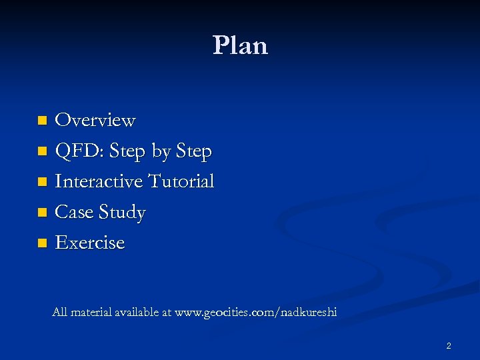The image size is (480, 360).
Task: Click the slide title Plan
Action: pyautogui.click(x=240, y=45)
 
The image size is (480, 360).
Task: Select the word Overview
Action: pyautogui.click(x=95, y=121)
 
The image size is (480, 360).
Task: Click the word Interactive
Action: pyautogui.click(x=99, y=181)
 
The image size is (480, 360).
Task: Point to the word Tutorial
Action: pyautogui.click(x=181, y=181)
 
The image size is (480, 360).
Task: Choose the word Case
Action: pyautogui.click(x=74, y=212)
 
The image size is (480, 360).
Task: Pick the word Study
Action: pyautogui.click(x=121, y=213)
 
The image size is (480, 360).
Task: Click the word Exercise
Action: pyautogui.click(x=90, y=243)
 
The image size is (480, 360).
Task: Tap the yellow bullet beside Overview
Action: pyautogui.click(x=42, y=121)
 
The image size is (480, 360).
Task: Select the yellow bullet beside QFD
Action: pyautogui.click(x=42, y=152)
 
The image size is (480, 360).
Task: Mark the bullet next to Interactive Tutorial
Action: pyautogui.click(x=42, y=182)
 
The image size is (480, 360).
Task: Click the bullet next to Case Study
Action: pyautogui.click(x=42, y=213)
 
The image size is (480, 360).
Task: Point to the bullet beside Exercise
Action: pyautogui.click(x=42, y=243)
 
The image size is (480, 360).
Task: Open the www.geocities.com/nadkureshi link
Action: pyautogui.click(x=255, y=312)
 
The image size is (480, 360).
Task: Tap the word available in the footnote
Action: pyautogui.click(x=137, y=312)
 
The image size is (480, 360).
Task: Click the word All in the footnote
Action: pyautogui.click(x=60, y=312)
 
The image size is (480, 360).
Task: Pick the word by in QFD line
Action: pyautogui.click(x=161, y=153)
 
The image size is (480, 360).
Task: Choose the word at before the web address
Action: pyautogui.click(x=166, y=312)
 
